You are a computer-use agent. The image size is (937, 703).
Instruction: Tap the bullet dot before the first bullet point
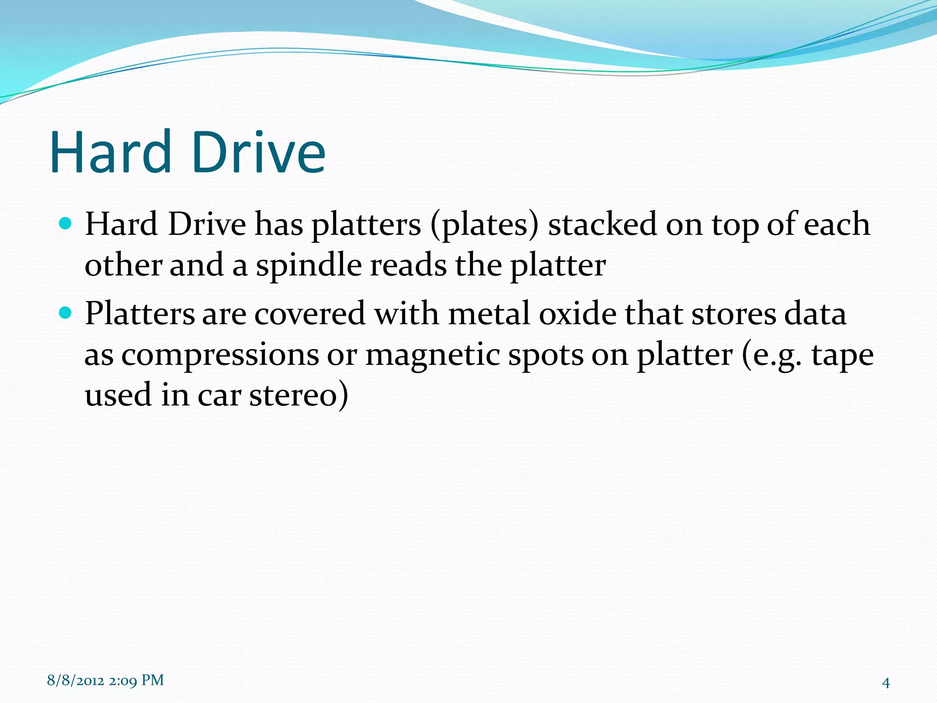point(66,224)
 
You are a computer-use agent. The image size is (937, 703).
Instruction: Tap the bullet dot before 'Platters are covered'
point(66,313)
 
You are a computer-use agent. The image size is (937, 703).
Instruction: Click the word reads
point(408,265)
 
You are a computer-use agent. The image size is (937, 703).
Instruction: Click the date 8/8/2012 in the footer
point(75,681)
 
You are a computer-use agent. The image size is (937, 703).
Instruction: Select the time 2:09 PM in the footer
point(136,681)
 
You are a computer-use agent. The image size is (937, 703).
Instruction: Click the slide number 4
point(885,683)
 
